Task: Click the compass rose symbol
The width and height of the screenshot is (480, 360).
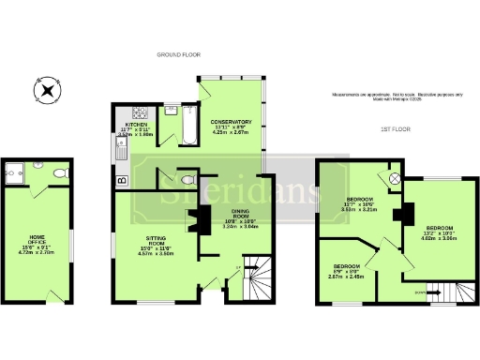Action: pos(48,92)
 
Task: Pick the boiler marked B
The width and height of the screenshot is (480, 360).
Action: pos(122,180)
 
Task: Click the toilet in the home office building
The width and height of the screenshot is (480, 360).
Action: pos(59,172)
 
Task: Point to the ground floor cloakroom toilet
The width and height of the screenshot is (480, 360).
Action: pos(188,179)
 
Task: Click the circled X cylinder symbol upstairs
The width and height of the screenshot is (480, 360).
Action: pos(395,177)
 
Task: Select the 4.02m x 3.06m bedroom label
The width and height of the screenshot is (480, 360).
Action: pos(439,233)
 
